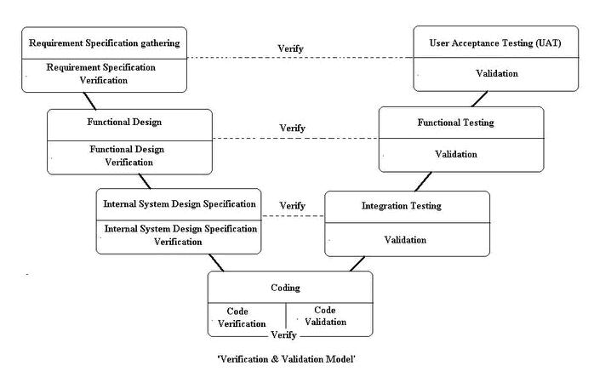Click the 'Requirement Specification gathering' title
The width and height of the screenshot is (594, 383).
[105, 43]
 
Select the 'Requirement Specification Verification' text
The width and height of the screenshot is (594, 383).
[105, 74]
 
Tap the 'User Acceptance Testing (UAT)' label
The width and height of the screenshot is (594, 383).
[495, 43]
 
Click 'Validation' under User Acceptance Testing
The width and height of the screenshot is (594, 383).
[495, 73]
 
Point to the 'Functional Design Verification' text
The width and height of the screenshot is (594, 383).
[127, 155]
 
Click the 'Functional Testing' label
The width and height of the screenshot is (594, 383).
[455, 123]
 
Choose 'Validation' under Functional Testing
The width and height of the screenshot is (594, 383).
[456, 154]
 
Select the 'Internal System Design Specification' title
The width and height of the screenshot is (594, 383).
[180, 204]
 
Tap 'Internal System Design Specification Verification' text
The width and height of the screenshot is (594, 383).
[180, 235]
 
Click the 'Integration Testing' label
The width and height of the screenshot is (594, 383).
[402, 206]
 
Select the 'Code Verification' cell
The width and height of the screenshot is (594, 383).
[243, 317]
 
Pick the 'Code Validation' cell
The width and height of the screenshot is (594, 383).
[325, 316]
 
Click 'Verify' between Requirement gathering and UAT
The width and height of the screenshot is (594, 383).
[291, 49]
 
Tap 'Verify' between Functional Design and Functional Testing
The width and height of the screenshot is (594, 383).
[293, 128]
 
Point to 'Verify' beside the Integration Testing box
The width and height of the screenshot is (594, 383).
[292, 206]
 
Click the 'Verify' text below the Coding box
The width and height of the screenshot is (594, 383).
[283, 335]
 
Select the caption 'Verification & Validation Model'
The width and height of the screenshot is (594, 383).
[286, 359]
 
